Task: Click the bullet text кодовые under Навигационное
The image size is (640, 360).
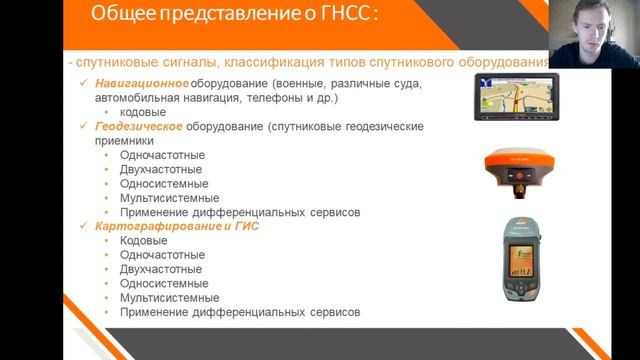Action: coord(143,113)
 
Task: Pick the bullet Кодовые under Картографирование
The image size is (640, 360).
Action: coord(143,241)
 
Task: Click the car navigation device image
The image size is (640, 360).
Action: coord(516,97)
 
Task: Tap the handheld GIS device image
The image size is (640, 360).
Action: coord(516,259)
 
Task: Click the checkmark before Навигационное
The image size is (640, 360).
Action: coord(87,85)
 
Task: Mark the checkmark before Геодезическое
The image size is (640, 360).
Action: coord(87,127)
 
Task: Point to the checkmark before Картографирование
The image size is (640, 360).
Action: coord(87,227)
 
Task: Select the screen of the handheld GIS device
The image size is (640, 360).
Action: coord(516,262)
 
